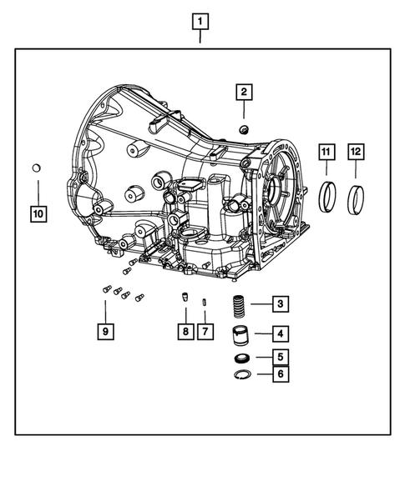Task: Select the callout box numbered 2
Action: [x=243, y=92]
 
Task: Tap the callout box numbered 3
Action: [x=280, y=304]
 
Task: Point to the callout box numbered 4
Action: [x=280, y=334]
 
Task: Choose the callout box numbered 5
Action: [x=280, y=358]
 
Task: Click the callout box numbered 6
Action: [x=280, y=374]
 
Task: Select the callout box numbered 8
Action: [x=184, y=332]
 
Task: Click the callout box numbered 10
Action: [x=38, y=213]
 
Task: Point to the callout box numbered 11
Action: [x=327, y=151]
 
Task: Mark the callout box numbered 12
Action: [x=356, y=151]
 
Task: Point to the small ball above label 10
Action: [x=37, y=169]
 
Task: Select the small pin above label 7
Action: [x=205, y=301]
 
